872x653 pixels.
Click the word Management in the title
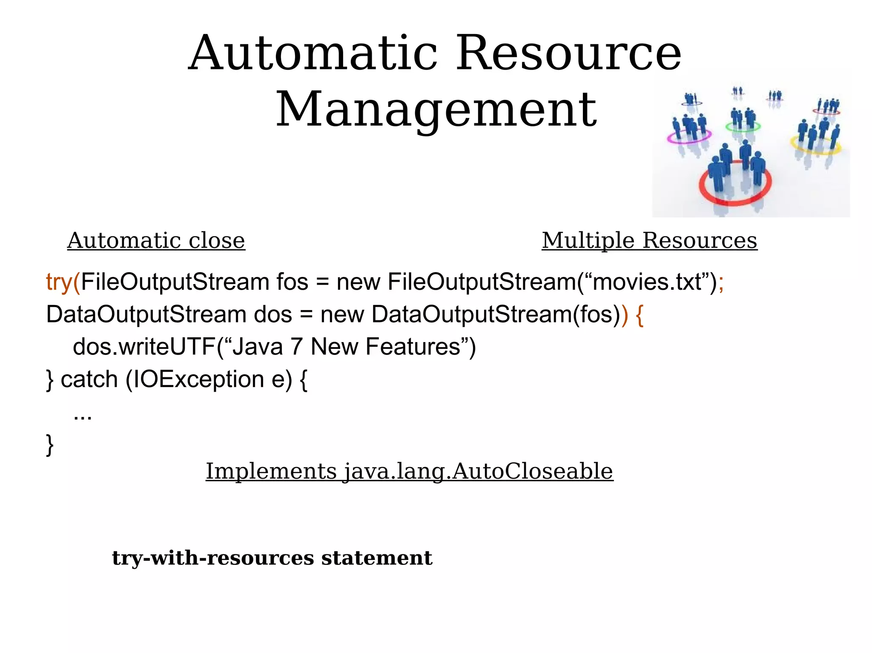(x=436, y=110)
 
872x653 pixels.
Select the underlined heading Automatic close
(x=156, y=240)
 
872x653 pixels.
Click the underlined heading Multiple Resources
(x=649, y=240)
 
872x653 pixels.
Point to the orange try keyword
(x=59, y=282)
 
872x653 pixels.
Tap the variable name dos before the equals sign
(x=272, y=315)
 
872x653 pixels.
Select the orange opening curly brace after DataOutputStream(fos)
(x=640, y=315)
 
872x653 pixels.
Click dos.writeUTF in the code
(x=144, y=347)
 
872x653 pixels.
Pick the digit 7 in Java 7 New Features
(x=297, y=347)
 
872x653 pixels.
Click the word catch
(x=89, y=379)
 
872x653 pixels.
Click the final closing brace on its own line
(x=50, y=445)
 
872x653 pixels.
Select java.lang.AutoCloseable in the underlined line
(x=479, y=471)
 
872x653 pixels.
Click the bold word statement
(x=376, y=558)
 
